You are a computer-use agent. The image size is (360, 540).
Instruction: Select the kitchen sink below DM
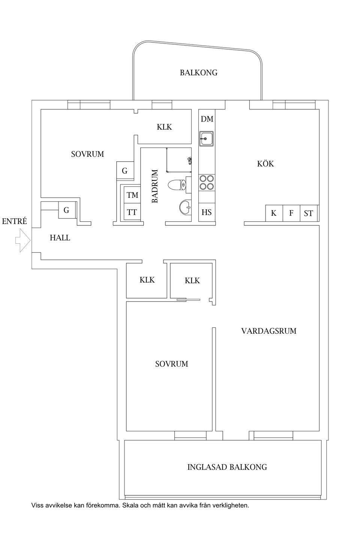(206, 139)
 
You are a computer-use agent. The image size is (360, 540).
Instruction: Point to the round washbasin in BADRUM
(185, 207)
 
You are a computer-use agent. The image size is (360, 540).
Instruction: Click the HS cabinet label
(207, 212)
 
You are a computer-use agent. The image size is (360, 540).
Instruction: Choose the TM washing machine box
(132, 194)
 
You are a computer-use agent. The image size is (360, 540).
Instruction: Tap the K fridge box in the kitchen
(274, 213)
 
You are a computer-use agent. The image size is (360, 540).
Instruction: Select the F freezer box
(291, 213)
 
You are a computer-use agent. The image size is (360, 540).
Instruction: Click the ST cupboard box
(309, 213)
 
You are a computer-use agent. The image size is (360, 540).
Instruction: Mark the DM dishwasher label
(207, 119)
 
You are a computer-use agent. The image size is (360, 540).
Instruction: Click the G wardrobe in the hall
(67, 210)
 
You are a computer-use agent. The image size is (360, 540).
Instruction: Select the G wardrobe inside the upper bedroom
(125, 170)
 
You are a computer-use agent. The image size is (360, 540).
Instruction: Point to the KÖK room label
(265, 164)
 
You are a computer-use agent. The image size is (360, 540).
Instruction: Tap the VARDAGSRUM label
(269, 331)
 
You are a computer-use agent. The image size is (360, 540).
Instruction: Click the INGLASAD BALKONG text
(227, 467)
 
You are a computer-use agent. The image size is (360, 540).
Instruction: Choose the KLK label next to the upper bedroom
(165, 127)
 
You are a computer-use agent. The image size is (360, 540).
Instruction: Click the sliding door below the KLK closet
(188, 300)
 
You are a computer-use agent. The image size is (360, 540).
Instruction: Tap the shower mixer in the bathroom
(189, 160)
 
